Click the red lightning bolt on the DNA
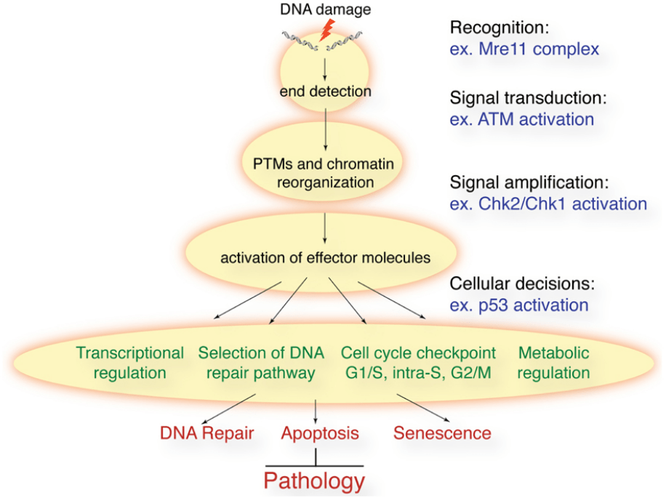pyautogui.click(x=326, y=31)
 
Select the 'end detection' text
pyautogui.click(x=325, y=92)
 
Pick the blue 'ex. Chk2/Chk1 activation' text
pyautogui.click(x=548, y=204)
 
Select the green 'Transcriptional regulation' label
pyautogui.click(x=130, y=363)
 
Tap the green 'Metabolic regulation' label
pyautogui.click(x=553, y=363)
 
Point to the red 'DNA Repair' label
pyautogui.click(x=206, y=434)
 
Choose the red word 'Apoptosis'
pyautogui.click(x=320, y=434)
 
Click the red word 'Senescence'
pyautogui.click(x=442, y=434)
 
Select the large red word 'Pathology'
pyautogui.click(x=314, y=481)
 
